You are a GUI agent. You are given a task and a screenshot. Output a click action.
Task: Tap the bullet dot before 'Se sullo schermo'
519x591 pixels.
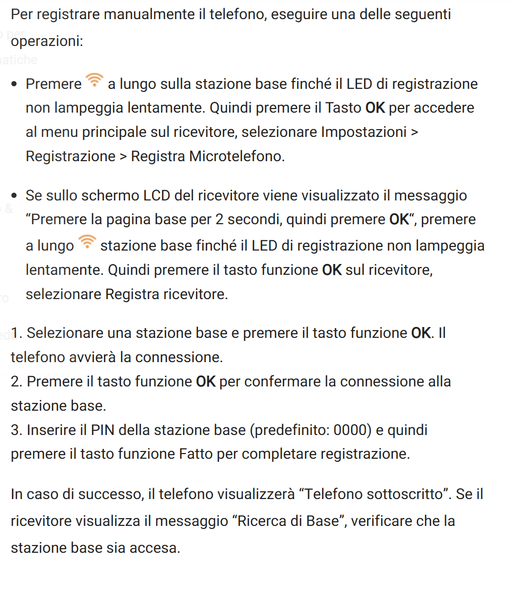pos(15,196)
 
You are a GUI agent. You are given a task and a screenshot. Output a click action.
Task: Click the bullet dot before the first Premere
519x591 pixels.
pos(15,84)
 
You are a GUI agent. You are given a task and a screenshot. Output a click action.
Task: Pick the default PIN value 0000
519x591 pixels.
pos(351,430)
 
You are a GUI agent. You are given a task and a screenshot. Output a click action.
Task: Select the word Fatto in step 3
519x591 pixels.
pos(196,454)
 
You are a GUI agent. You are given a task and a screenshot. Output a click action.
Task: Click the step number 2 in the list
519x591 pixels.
pos(14,381)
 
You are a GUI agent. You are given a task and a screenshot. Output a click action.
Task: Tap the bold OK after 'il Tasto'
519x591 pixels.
pos(375,108)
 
